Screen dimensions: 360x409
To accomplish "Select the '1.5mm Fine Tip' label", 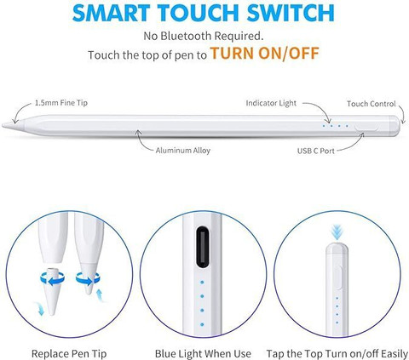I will click(x=60, y=102).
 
